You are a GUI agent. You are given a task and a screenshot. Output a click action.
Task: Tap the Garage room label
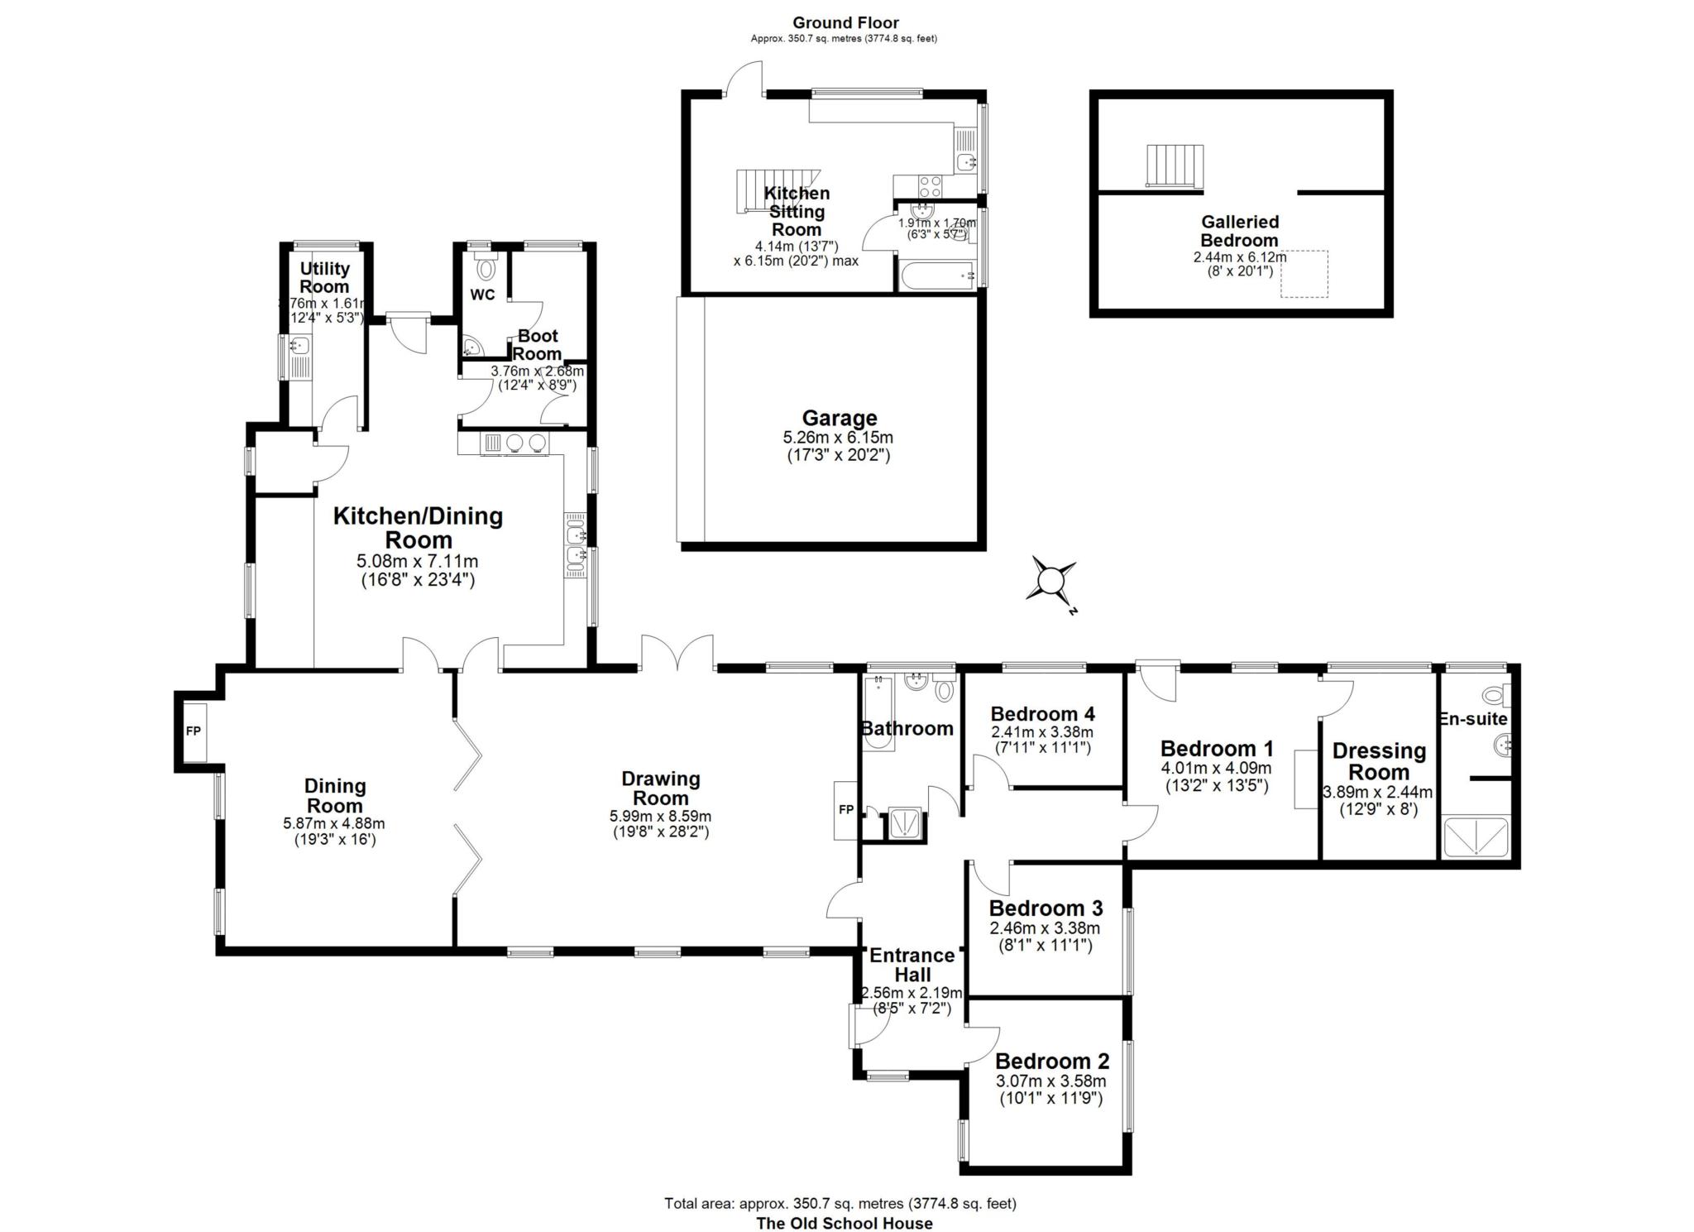[839, 419]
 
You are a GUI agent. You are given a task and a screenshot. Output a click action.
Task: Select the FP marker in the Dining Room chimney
[194, 731]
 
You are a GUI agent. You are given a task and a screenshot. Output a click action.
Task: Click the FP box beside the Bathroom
[845, 810]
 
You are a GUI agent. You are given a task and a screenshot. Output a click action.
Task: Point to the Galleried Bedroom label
[1239, 231]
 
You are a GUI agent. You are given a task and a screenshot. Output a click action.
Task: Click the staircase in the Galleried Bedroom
[1174, 165]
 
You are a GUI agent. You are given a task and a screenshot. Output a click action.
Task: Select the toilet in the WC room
[487, 267]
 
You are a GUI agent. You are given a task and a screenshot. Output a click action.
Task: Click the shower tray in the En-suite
[1476, 836]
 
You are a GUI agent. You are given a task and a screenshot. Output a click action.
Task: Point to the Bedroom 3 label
[1046, 908]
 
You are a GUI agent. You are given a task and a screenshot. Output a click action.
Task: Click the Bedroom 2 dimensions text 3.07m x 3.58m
[1050, 1081]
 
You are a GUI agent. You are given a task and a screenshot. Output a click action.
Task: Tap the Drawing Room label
[660, 789]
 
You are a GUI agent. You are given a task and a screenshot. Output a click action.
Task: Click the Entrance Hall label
[912, 965]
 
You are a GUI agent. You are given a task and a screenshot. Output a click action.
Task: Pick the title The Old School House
[844, 1223]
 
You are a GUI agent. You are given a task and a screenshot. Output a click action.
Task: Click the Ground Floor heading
[845, 23]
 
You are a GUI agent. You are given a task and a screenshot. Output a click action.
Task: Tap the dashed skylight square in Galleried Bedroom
[1304, 274]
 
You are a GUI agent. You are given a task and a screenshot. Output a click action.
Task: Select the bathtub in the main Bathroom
[877, 713]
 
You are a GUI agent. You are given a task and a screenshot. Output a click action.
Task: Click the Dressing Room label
[1379, 761]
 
